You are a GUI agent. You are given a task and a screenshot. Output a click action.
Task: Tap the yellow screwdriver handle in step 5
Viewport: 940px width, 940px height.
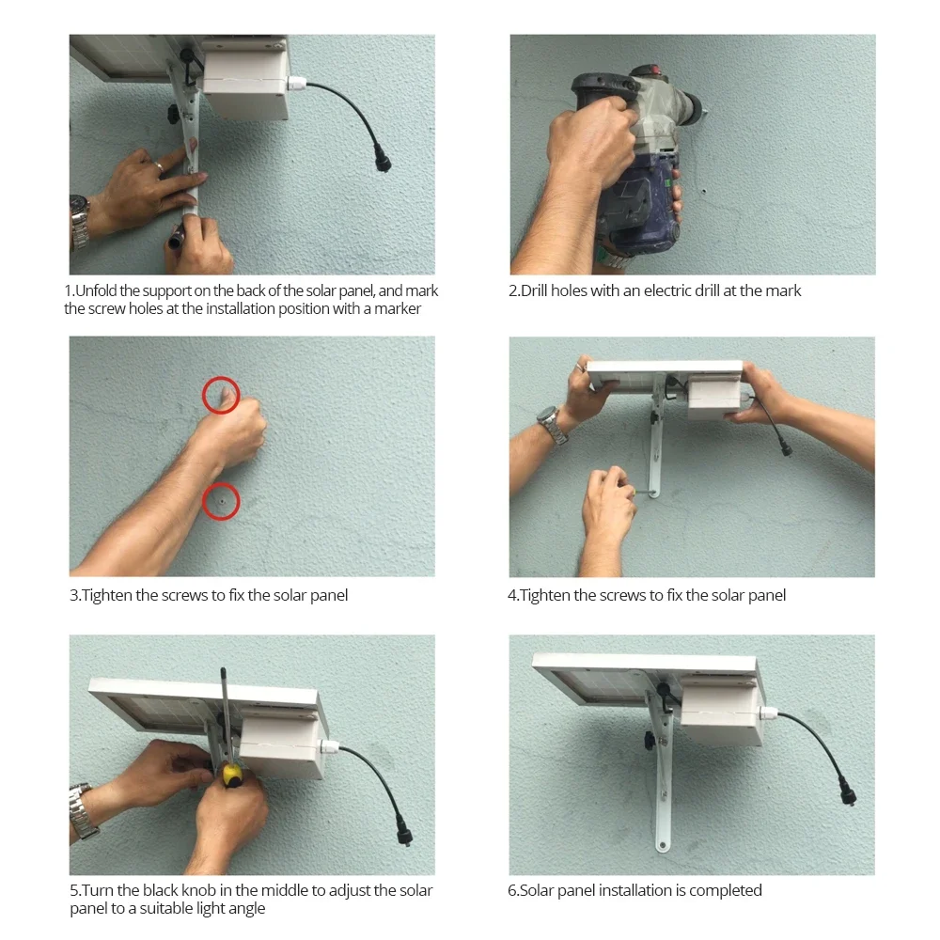[x=232, y=775]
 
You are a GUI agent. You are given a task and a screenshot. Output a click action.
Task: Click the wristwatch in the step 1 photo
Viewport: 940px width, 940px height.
[x=79, y=222]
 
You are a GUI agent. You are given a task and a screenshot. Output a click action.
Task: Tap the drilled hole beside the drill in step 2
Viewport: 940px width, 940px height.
[x=704, y=192]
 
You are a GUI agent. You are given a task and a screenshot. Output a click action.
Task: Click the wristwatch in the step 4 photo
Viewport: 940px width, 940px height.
[x=553, y=424]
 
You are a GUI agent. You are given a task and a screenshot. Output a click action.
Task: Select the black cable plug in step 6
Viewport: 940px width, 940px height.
[x=848, y=796]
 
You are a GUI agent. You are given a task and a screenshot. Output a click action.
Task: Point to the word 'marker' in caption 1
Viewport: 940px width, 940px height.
[x=398, y=308]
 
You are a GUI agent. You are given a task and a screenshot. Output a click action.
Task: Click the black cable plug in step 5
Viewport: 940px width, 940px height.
[x=404, y=834]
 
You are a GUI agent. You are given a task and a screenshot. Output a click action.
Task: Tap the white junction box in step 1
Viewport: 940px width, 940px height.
[x=245, y=78]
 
